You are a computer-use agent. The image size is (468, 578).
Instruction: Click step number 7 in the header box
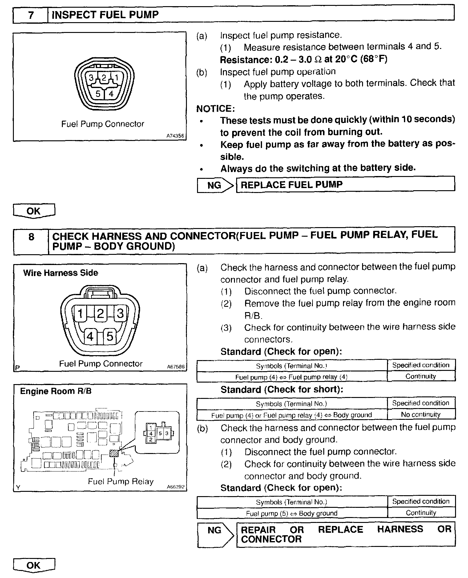click(x=31, y=15)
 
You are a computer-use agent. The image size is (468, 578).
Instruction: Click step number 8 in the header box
click(x=31, y=236)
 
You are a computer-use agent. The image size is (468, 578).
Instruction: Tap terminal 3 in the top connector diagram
click(x=91, y=78)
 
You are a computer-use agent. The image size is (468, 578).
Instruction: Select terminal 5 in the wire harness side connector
click(x=110, y=336)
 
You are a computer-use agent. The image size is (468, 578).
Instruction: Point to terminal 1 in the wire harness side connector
click(x=80, y=314)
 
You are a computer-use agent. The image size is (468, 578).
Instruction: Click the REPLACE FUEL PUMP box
click(x=345, y=185)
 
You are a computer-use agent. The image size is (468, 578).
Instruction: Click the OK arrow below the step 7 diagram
click(x=34, y=211)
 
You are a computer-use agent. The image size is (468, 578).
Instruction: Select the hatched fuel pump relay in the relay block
click(x=114, y=453)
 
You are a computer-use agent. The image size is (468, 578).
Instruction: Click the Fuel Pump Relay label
click(x=121, y=481)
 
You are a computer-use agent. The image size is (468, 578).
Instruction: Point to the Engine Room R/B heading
click(x=56, y=391)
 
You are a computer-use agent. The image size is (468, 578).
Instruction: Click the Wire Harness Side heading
click(x=61, y=273)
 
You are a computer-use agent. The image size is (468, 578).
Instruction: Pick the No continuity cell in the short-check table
click(x=421, y=415)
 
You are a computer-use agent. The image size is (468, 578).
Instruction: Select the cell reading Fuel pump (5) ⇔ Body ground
click(x=292, y=513)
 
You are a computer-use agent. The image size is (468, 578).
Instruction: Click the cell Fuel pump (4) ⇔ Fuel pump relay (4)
click(x=291, y=377)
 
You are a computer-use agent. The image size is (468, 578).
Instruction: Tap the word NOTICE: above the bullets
click(x=216, y=108)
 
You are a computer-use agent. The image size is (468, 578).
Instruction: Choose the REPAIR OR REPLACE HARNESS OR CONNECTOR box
click(x=345, y=534)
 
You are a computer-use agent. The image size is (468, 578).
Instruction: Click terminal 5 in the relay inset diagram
click(x=160, y=433)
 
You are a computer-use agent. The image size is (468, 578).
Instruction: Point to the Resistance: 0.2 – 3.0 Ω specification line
click(x=304, y=59)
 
